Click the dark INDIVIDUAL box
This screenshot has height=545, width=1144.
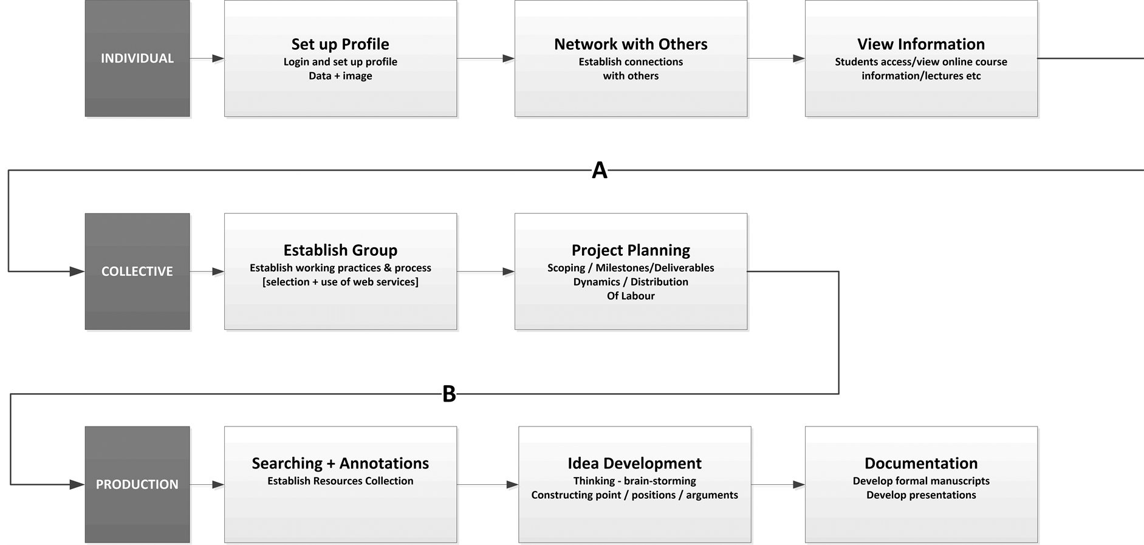(x=137, y=58)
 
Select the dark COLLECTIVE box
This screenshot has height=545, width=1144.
(x=137, y=272)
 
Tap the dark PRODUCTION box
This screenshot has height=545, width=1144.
(x=137, y=484)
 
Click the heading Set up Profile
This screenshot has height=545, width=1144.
(x=340, y=44)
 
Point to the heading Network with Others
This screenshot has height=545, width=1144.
(x=631, y=44)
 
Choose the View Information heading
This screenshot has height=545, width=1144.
(x=921, y=44)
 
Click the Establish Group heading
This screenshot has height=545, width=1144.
(x=340, y=250)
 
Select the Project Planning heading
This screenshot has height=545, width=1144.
(x=631, y=250)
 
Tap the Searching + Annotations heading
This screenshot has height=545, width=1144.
(x=340, y=464)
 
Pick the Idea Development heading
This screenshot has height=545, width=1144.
(x=634, y=464)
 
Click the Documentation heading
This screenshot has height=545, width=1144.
(x=921, y=464)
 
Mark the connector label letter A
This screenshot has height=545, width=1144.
(x=600, y=171)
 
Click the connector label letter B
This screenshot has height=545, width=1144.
(x=449, y=394)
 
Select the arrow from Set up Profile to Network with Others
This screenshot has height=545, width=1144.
(x=486, y=58)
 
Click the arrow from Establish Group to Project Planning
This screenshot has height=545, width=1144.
(x=486, y=272)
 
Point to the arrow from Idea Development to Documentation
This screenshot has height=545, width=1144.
(x=778, y=484)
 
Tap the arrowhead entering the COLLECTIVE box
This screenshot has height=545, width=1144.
(x=77, y=272)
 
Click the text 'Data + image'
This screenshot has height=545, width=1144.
(x=340, y=76)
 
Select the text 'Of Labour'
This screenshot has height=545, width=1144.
(x=631, y=296)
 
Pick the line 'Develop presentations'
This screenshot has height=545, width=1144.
(x=921, y=495)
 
